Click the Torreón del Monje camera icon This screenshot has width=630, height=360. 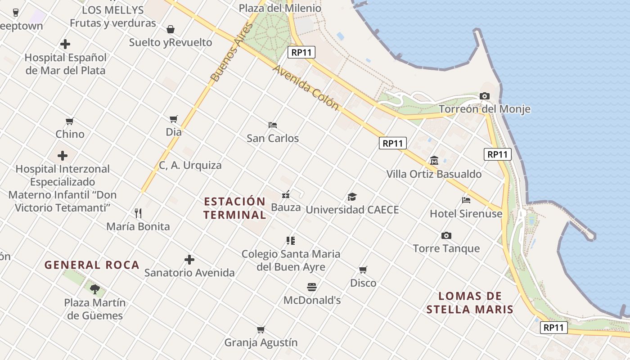point(485,96)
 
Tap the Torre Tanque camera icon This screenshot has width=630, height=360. point(446,235)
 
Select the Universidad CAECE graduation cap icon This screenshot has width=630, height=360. point(352,197)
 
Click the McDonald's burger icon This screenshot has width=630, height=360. point(312,287)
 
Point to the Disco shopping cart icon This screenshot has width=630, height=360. point(363,270)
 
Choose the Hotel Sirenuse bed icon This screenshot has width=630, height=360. point(466,200)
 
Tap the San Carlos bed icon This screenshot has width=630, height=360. point(272,125)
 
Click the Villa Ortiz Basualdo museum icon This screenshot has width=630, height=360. point(434,161)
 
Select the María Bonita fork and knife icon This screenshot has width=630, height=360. point(138,213)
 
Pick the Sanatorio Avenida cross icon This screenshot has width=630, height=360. point(189,260)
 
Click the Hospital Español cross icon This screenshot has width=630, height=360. point(65,44)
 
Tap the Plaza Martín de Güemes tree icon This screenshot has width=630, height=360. point(94,289)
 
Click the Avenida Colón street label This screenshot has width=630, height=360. point(306,88)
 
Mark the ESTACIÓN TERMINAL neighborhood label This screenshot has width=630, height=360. point(234,208)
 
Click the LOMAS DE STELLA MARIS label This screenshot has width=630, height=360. point(470,302)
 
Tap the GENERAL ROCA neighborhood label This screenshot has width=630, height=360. point(92,265)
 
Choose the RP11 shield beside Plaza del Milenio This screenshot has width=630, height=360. point(301,52)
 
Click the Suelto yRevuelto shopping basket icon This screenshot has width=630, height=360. point(171,30)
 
